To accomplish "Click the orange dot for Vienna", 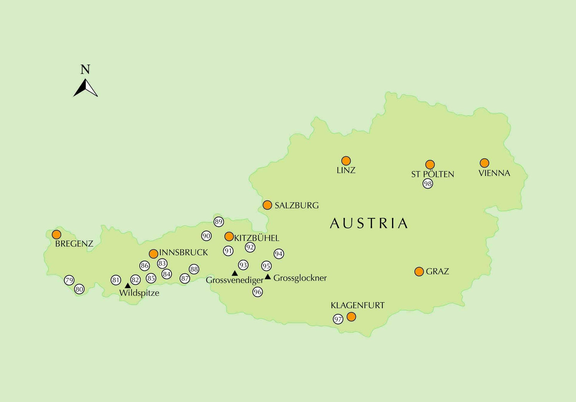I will click(x=485, y=163).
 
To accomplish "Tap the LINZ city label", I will click(x=346, y=170).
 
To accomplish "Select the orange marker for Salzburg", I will click(x=267, y=205).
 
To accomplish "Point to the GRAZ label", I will click(x=437, y=272).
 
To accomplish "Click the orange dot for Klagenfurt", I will click(x=351, y=317).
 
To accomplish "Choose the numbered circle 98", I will click(x=428, y=184).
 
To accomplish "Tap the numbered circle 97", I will click(x=338, y=319).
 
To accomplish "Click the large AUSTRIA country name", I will click(x=369, y=223).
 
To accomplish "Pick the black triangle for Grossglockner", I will click(x=268, y=277).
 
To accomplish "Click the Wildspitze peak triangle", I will click(x=128, y=286).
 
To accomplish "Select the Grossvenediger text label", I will click(x=235, y=280).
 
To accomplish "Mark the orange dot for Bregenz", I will click(x=56, y=234).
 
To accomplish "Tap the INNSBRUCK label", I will click(x=184, y=252).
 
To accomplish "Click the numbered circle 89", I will click(x=218, y=222).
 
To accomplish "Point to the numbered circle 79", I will click(x=69, y=280).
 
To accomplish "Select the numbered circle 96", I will click(x=258, y=292).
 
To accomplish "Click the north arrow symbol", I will click(x=86, y=88).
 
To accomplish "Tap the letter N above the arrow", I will click(x=85, y=70).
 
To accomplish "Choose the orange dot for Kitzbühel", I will click(x=229, y=236).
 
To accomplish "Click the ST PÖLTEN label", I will click(x=433, y=174).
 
